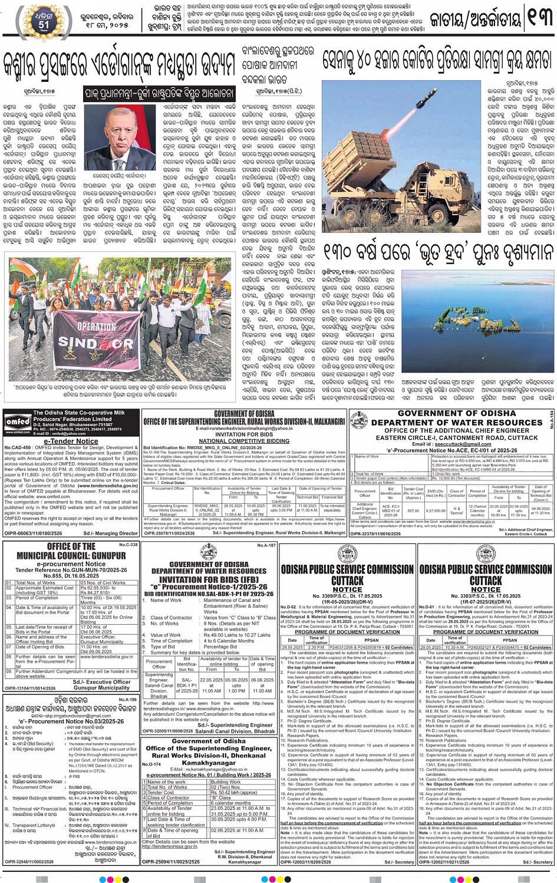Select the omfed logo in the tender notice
click(x=17, y=422)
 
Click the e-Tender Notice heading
click(x=71, y=441)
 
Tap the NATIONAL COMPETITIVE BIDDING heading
click(x=244, y=440)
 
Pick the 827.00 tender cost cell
click(x=414, y=511)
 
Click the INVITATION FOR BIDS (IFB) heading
click(x=209, y=579)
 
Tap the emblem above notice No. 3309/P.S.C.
click(x=347, y=555)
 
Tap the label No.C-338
click(x=128, y=545)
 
